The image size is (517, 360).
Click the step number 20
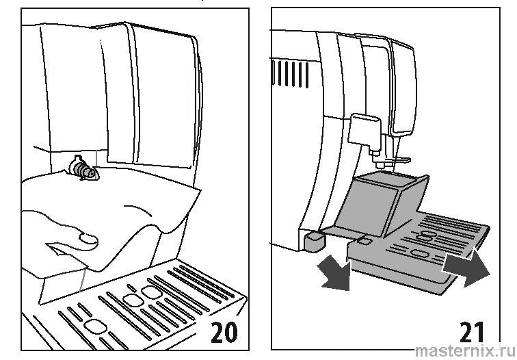[x=224, y=332]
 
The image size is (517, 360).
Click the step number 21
[x=472, y=333]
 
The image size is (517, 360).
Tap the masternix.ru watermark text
[x=465, y=351]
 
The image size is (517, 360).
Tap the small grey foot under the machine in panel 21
[x=313, y=241]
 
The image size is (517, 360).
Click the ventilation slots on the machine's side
[x=290, y=73]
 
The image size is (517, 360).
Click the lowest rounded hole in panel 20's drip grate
[x=95, y=326]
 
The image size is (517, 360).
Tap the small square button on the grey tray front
[x=364, y=240]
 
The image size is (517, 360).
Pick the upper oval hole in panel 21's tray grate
[x=427, y=235]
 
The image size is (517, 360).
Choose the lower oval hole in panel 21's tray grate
[x=419, y=254]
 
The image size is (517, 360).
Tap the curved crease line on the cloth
[x=138, y=210]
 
